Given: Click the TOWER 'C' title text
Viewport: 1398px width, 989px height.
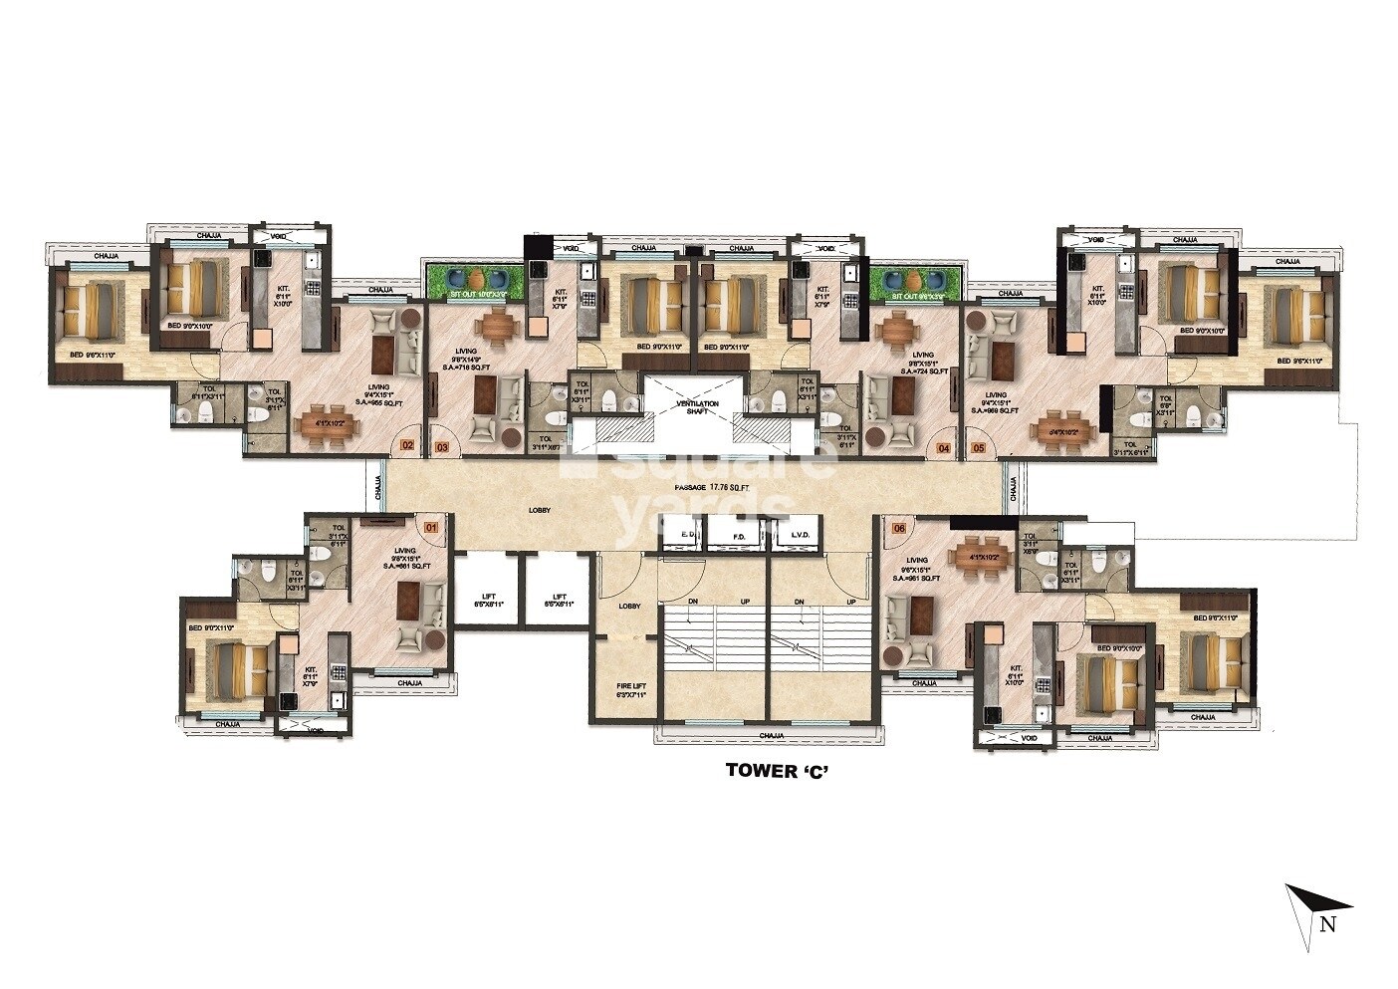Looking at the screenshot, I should pyautogui.click(x=776, y=769).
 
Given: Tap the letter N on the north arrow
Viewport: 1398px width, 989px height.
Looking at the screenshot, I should pyautogui.click(x=1326, y=923).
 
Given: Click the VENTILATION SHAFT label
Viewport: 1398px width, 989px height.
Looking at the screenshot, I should pyautogui.click(x=697, y=407).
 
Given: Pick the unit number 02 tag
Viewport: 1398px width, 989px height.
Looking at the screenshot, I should pyautogui.click(x=406, y=446).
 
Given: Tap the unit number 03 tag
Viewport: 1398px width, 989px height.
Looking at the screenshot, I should pyautogui.click(x=441, y=447).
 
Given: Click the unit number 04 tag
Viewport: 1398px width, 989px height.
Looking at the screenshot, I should pyautogui.click(x=944, y=448).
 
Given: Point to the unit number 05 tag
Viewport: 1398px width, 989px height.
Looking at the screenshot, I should pyautogui.click(x=978, y=448).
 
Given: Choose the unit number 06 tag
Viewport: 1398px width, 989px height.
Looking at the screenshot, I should pyautogui.click(x=898, y=528).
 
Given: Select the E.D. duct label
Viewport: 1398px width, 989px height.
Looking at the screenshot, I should pyautogui.click(x=687, y=537).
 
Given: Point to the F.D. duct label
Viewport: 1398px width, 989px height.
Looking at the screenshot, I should pyautogui.click(x=739, y=537).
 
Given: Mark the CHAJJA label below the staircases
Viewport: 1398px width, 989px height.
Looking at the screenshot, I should pyautogui.click(x=771, y=736).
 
